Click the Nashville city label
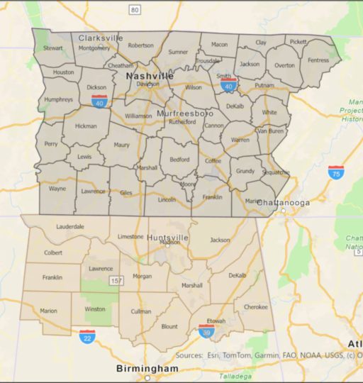point(150,75)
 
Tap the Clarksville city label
point(101,38)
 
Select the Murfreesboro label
point(185,113)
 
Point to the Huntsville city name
point(168,237)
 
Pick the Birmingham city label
point(147,369)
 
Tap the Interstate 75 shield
point(336,172)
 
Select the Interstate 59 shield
point(207,331)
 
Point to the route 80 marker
point(135,9)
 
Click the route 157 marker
point(113,282)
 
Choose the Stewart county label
point(52,48)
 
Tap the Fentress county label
point(318,60)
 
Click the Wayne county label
point(57,189)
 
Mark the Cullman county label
point(141,311)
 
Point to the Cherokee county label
point(256,307)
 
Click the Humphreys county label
point(58,100)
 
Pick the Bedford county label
point(179,160)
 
